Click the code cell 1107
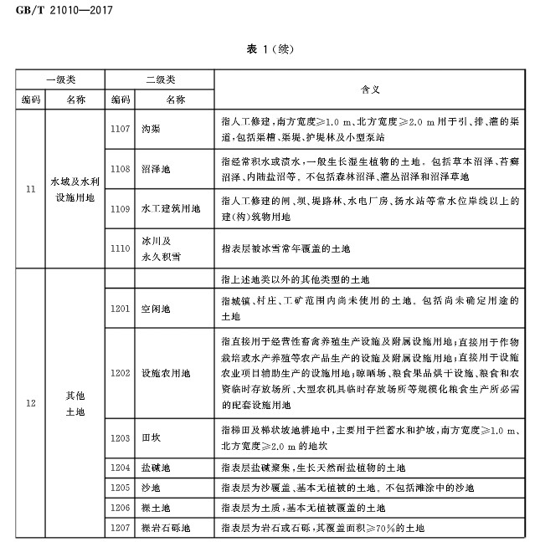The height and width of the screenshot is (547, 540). pos(120,128)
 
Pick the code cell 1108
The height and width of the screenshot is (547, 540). pos(120,169)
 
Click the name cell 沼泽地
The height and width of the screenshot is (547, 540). pos(157,169)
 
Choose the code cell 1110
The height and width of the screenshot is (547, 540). pos(120,248)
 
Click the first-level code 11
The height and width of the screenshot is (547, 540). pos(30,189)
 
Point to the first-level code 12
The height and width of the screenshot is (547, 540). pos(30,403)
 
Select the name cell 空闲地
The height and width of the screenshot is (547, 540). pos(157,309)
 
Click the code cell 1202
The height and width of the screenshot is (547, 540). pos(120,372)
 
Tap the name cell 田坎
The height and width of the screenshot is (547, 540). pos(152,437)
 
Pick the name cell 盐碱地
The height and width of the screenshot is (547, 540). pos(157,468)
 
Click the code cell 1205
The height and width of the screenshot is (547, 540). pos(120,488)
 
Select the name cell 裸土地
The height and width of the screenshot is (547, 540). pos(157,508)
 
